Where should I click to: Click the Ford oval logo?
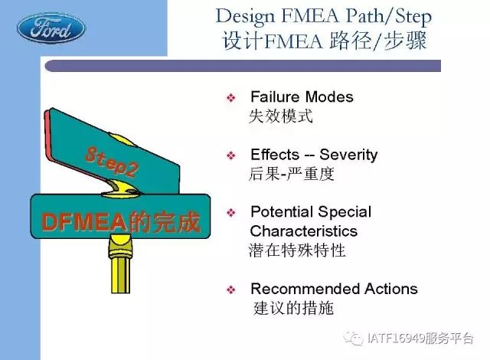51,28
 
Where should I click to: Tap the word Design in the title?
245,17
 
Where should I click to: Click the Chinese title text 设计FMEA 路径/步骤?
325,41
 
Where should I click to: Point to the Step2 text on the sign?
112,162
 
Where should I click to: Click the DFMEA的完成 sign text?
121,222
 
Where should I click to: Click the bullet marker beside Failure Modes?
231,98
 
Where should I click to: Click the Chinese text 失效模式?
281,116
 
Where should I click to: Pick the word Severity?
348,155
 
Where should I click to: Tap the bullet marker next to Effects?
231,155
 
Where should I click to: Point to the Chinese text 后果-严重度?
291,174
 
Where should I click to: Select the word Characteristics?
304,231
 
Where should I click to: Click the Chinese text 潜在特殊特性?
297,250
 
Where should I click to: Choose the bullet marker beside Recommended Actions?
231,290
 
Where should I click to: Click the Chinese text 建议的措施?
293,308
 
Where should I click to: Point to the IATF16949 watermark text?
420,338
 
